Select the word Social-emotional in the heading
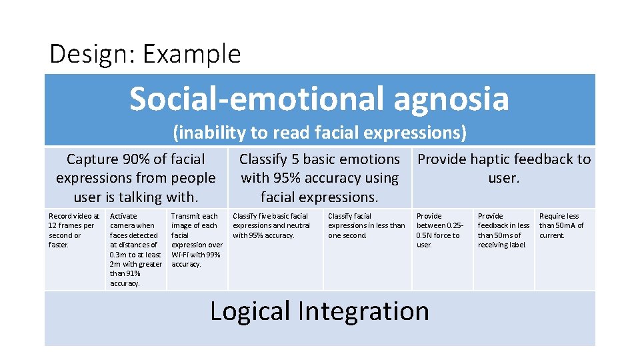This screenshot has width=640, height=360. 257,99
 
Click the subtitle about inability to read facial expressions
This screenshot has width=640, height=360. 319,133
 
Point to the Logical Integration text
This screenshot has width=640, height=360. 319,311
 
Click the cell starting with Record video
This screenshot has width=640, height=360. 74,230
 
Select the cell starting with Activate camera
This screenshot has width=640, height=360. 135,249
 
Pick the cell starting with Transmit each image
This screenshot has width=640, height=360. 197,240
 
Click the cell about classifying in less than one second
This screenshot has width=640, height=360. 366,225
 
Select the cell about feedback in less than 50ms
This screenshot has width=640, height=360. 503,230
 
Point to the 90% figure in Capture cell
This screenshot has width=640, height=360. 136,159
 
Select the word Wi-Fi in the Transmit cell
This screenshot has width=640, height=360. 181,254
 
